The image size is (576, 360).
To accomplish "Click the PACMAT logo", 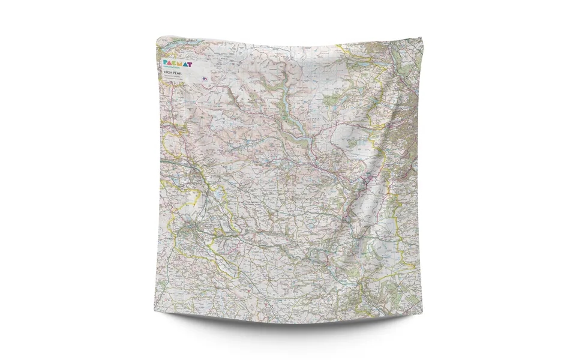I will pyautogui.click(x=179, y=62).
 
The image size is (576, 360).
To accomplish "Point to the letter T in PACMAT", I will pyautogui.click(x=192, y=62).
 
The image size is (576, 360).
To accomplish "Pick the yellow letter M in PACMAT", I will pyautogui.click(x=182, y=62).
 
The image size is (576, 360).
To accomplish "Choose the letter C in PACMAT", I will pyautogui.click(x=176, y=62).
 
